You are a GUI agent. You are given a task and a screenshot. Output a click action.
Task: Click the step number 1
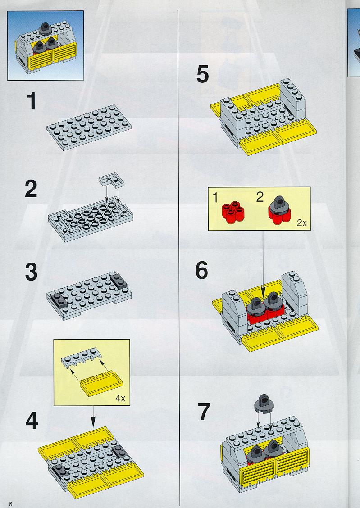click(32, 101)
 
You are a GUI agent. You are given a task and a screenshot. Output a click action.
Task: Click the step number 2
click(31, 189)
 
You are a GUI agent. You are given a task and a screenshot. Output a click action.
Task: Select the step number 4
click(32, 421)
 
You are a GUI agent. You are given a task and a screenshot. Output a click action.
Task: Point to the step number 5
click(202, 74)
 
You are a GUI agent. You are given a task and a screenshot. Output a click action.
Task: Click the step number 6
click(201, 271)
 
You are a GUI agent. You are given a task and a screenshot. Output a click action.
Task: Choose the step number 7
click(204, 412)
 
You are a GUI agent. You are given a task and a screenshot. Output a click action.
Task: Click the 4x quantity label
click(120, 399)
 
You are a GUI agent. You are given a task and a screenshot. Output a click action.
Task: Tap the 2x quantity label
click(302, 223)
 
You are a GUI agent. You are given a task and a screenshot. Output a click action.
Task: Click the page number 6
click(11, 504)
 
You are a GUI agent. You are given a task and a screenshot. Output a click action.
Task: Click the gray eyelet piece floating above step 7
click(264, 404)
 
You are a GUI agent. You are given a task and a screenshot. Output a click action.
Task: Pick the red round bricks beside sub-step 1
click(233, 212)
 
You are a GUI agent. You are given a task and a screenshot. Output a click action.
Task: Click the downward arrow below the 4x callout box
click(93, 416)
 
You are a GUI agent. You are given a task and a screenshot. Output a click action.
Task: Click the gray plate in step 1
click(89, 127)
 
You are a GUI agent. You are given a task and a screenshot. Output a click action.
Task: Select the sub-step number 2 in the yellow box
click(260, 197)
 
